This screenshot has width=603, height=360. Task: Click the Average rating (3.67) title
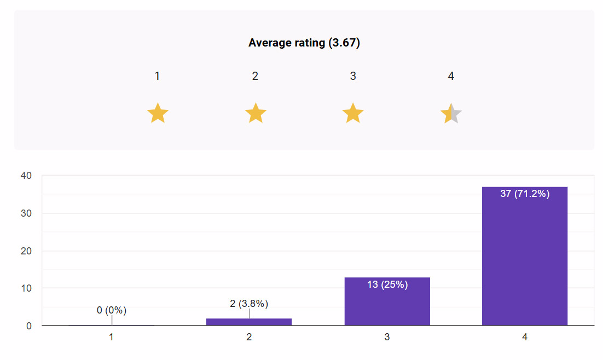304,43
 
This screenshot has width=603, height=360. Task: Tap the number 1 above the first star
157,76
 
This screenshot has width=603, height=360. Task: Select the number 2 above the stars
255,76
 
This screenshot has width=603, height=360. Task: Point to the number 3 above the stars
353,76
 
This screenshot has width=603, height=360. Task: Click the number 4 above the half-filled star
451,76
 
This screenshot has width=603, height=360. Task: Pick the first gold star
158,113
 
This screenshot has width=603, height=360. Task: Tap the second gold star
256,113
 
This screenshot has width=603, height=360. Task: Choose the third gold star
353,113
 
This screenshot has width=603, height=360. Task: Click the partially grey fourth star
451,113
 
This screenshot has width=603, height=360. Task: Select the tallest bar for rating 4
524,257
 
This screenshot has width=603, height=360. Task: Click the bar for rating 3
387,304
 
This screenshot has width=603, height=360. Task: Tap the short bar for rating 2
249,322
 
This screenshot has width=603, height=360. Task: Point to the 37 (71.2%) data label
524,194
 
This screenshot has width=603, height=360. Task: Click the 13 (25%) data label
387,284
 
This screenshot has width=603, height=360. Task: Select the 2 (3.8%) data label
249,304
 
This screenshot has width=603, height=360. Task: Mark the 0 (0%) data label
112,310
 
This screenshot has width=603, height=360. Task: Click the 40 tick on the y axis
26,176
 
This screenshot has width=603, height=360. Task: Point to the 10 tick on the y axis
26,288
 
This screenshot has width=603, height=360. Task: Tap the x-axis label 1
112,338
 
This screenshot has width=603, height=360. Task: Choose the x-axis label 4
524,338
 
